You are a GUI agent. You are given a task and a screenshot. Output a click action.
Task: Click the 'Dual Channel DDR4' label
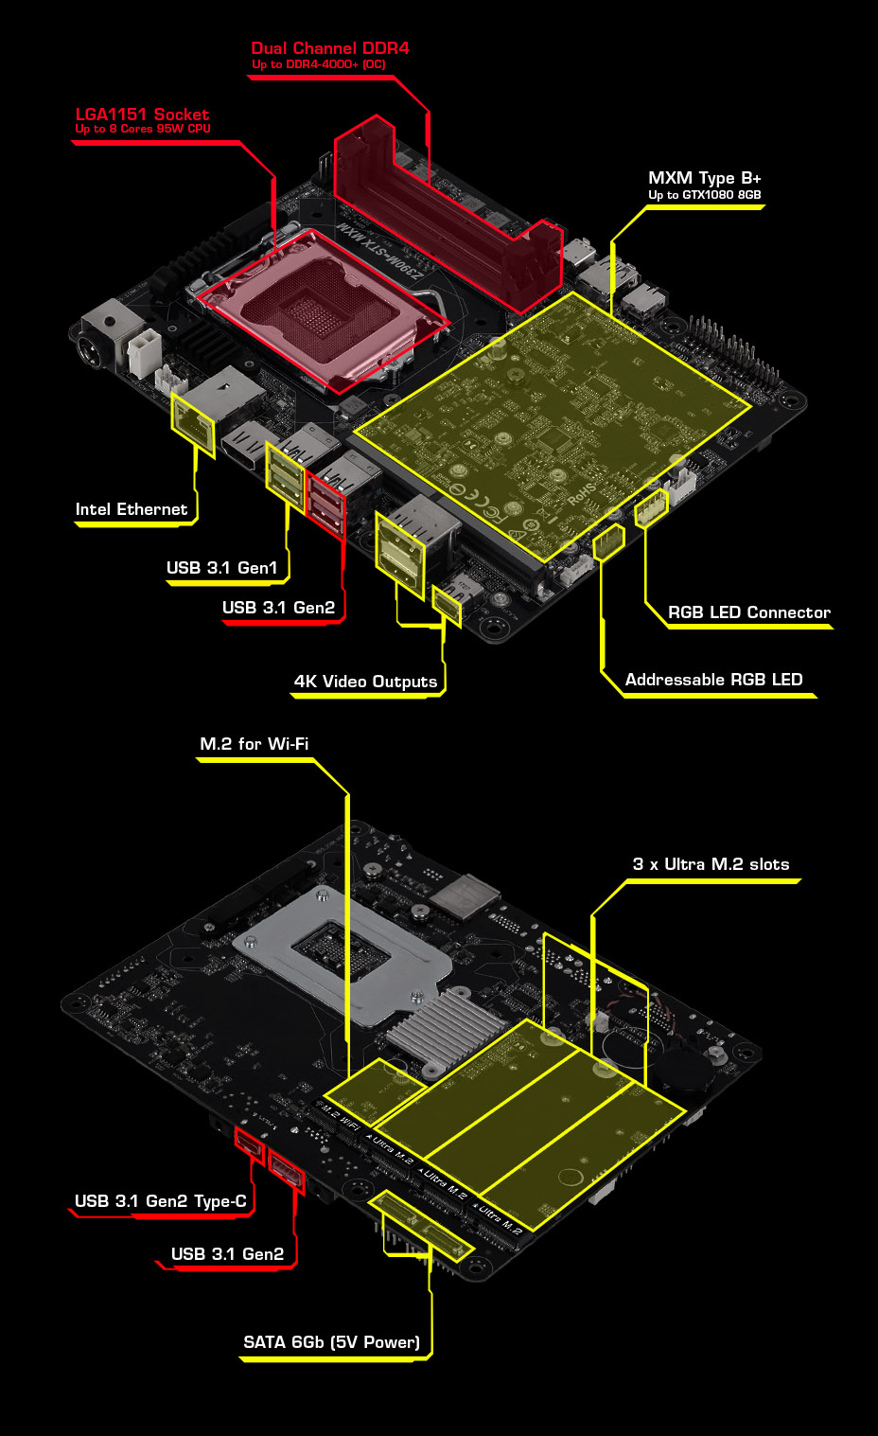330,48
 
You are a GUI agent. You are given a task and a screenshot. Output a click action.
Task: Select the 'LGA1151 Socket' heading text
142,115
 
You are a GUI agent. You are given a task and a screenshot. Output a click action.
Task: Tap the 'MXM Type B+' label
704,178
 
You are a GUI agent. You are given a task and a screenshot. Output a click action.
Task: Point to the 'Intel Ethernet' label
132,509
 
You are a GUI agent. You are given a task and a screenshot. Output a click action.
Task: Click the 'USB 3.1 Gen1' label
222,568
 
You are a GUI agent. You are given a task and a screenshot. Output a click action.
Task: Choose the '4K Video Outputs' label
365,682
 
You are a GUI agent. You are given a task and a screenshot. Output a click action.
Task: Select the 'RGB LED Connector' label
748,612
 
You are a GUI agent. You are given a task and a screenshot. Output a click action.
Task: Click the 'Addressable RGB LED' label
713,680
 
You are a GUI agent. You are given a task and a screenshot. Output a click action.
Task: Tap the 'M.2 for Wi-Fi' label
254,744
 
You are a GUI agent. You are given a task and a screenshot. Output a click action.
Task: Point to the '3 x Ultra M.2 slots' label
711,864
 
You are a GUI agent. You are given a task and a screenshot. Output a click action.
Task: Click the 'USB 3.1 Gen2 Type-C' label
161,1201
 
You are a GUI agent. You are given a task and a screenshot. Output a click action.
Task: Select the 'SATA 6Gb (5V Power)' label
331,1342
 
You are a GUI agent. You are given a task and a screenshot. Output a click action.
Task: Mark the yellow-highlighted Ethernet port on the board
193,419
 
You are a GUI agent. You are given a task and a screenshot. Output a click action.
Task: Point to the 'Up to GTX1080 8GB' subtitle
704,195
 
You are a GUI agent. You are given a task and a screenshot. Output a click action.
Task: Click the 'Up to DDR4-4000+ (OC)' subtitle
319,64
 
